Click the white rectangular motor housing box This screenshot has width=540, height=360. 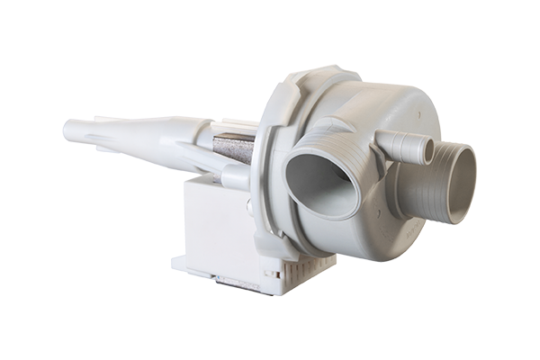[x=216, y=225]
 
